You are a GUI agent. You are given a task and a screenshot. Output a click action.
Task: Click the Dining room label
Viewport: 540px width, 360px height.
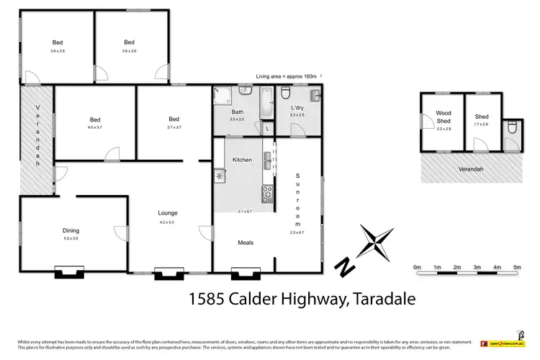tap(70, 230)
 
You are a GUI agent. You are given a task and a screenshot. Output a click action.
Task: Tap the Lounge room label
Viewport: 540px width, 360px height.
tap(168, 213)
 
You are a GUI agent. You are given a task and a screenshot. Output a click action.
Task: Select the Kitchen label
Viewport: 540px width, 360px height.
tap(241, 159)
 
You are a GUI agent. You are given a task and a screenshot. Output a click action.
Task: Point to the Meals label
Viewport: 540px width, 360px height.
tap(246, 243)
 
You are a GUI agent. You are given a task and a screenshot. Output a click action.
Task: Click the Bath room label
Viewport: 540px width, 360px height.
tap(237, 112)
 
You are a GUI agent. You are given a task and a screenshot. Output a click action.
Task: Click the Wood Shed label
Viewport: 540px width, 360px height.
tap(442, 118)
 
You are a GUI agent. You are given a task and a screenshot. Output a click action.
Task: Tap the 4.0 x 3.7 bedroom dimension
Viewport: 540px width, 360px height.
tap(94, 127)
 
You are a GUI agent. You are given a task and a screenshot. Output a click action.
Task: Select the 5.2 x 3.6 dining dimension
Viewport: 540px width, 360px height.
tap(70, 238)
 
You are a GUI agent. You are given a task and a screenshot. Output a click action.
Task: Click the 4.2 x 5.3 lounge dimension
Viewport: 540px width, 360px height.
tap(168, 221)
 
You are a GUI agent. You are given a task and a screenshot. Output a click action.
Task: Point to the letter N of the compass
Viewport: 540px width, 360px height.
tap(347, 266)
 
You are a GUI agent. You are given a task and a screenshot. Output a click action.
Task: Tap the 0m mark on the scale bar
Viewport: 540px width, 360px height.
tap(417, 267)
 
